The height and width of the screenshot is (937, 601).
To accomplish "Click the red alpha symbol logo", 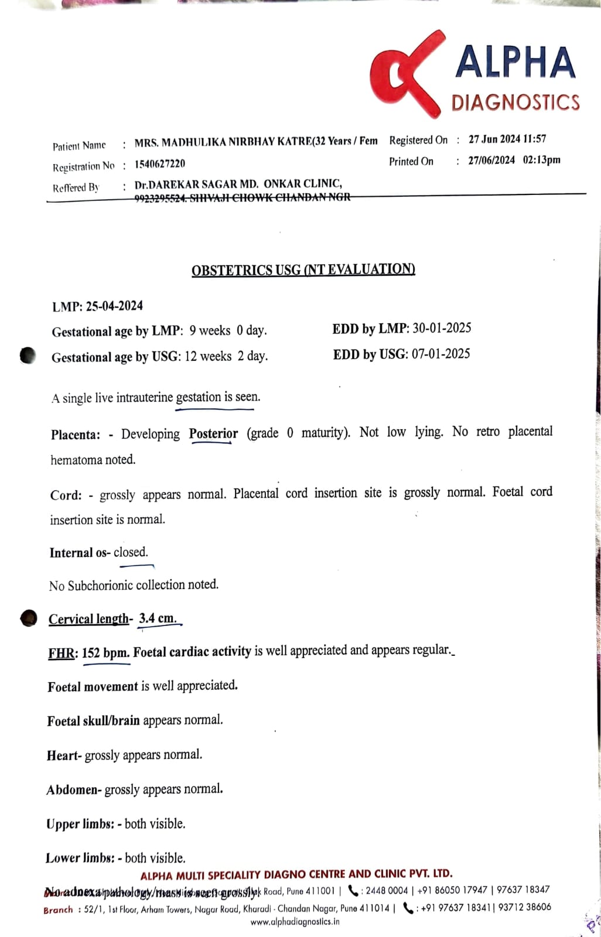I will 404,76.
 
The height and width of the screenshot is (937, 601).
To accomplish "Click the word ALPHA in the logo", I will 515,63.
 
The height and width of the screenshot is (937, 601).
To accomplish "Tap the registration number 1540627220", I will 159,164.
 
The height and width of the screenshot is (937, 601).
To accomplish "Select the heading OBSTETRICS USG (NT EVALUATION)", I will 303,270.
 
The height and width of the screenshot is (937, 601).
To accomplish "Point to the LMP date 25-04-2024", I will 114,306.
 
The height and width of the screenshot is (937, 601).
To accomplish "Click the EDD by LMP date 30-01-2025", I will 442,328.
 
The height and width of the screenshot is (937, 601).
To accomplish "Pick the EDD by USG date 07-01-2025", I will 440,354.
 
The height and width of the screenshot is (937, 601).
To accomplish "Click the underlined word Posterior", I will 213,434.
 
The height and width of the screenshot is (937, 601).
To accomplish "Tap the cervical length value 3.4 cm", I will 158,618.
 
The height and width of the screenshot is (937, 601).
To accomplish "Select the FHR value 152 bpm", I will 105,652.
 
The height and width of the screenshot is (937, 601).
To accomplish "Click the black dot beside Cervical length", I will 28,618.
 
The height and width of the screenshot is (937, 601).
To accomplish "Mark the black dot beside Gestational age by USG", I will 28,355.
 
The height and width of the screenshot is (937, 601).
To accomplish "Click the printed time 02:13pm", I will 541,160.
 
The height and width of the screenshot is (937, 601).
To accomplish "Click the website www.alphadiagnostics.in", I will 295,921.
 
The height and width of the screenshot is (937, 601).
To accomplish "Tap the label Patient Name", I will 79,146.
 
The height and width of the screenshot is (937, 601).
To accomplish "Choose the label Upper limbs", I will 80,824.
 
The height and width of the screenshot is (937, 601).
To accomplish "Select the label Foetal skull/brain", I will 93,721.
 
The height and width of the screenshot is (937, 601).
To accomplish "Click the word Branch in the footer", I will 58,910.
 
